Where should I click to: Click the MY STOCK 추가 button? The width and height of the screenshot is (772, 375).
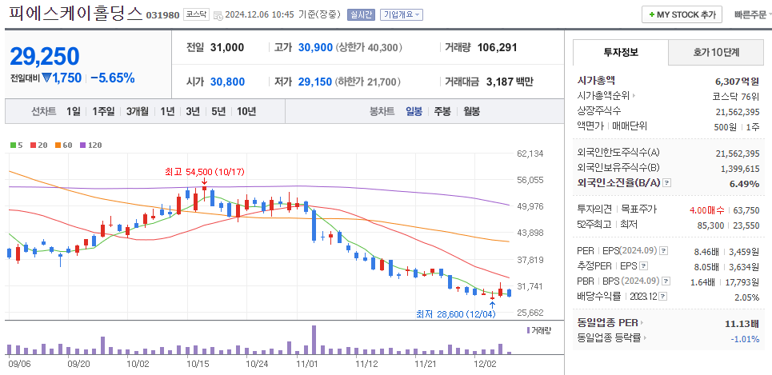point(682,14)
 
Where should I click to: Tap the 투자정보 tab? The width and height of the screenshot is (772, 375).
point(620,53)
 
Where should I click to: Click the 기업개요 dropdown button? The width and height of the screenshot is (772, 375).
point(402,14)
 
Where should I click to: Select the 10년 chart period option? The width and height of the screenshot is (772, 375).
point(246,111)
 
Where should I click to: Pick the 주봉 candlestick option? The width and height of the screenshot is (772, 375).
point(442,111)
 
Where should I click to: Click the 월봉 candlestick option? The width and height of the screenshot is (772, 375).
point(470,111)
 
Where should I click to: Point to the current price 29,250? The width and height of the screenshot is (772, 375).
point(45,56)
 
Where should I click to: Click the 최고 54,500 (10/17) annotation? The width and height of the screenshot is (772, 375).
point(204,171)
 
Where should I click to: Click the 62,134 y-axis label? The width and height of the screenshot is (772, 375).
point(530,154)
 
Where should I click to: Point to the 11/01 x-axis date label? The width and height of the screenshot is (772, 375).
point(307,363)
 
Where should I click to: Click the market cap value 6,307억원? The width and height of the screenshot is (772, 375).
point(737,81)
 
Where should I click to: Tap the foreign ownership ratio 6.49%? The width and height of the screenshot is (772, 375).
point(744,183)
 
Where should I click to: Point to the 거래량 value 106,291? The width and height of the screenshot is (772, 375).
point(497,48)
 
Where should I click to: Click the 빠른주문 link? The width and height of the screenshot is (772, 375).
point(748,14)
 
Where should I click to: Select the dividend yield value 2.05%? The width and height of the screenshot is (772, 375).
point(746,296)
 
